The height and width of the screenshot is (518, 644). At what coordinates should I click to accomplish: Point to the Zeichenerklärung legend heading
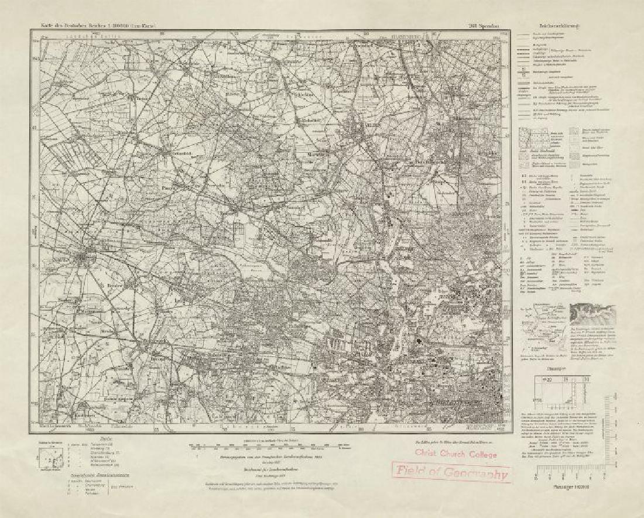[559, 25]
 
